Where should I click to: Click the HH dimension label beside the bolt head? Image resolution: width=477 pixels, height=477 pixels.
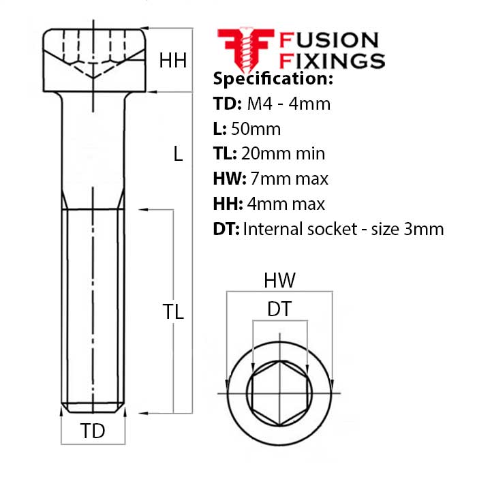[173, 60]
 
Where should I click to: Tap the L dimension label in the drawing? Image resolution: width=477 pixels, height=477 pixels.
[178, 153]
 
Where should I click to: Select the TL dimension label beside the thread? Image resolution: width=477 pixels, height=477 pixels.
[173, 311]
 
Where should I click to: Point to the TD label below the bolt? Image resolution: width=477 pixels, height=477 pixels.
[93, 431]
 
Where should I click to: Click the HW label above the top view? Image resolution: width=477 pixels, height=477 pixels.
[279, 280]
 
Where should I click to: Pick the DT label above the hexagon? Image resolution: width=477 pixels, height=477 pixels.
[279, 309]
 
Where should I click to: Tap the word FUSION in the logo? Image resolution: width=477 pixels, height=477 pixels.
[328, 40]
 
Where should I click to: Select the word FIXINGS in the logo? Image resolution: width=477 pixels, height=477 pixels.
[332, 61]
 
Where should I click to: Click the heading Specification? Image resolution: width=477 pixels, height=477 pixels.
[273, 78]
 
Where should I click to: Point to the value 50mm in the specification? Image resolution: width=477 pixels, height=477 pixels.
[256, 129]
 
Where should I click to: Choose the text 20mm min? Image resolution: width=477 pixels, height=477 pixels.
[283, 153]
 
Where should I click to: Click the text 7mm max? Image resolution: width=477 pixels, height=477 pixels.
[289, 179]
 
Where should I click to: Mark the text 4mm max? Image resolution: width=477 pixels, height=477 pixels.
[286, 204]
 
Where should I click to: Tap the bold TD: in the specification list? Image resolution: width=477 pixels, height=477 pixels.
[227, 104]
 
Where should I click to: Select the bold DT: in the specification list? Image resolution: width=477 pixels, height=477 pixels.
[226, 229]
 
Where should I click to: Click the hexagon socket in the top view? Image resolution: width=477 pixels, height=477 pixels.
[279, 393]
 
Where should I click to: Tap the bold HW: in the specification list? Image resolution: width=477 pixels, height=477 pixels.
[230, 179]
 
